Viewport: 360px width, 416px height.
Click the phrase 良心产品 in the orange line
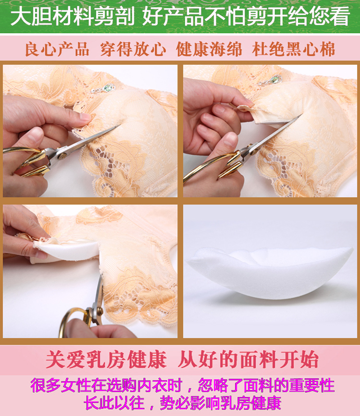57,49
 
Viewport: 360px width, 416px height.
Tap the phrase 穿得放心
133,49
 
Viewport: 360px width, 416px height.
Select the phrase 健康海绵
209,49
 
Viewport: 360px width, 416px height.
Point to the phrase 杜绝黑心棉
293,49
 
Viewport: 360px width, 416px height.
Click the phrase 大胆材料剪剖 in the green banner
72,16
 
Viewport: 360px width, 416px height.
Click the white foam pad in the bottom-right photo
270,273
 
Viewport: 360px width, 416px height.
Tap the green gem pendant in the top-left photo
108,87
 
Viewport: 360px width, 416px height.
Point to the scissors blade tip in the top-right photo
301,116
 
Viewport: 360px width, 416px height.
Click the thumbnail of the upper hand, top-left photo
85,117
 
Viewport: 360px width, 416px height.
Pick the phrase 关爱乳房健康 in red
106,360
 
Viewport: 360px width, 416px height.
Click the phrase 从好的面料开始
248,360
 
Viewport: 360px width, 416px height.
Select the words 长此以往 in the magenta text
114,403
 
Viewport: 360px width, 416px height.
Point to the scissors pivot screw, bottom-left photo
100,310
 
